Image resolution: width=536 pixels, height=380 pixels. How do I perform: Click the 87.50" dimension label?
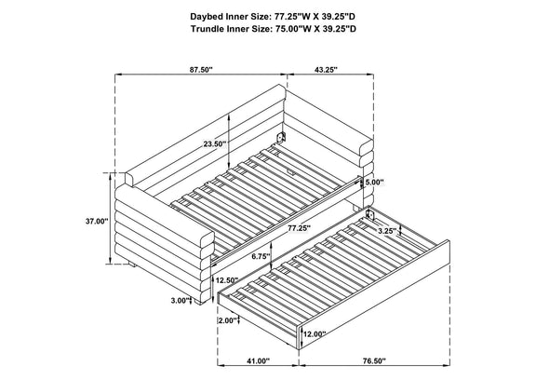(201, 70)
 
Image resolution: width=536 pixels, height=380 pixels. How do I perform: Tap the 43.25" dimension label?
(326, 70)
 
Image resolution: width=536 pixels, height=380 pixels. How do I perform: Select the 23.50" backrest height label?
(215, 144)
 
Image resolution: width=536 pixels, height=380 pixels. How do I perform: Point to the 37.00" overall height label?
(97, 222)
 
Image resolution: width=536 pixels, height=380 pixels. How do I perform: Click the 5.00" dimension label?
(374, 183)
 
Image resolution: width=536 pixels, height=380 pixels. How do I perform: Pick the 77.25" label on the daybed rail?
(299, 227)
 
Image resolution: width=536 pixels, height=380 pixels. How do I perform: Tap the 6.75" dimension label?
(260, 255)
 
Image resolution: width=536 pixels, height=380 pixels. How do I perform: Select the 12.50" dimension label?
(227, 280)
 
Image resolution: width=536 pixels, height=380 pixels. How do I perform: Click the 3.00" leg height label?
(181, 301)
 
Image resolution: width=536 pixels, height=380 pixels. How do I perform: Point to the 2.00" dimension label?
(227, 320)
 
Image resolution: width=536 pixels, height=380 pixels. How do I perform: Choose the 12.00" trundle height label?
(315, 334)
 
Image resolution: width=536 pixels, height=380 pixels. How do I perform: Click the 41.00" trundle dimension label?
(258, 360)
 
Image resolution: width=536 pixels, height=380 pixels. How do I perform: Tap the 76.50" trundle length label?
(374, 360)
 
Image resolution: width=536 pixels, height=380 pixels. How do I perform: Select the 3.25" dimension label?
(387, 231)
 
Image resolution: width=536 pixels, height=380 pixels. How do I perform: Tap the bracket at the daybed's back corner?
(281, 137)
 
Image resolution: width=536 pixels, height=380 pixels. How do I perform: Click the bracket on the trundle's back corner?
(370, 214)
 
